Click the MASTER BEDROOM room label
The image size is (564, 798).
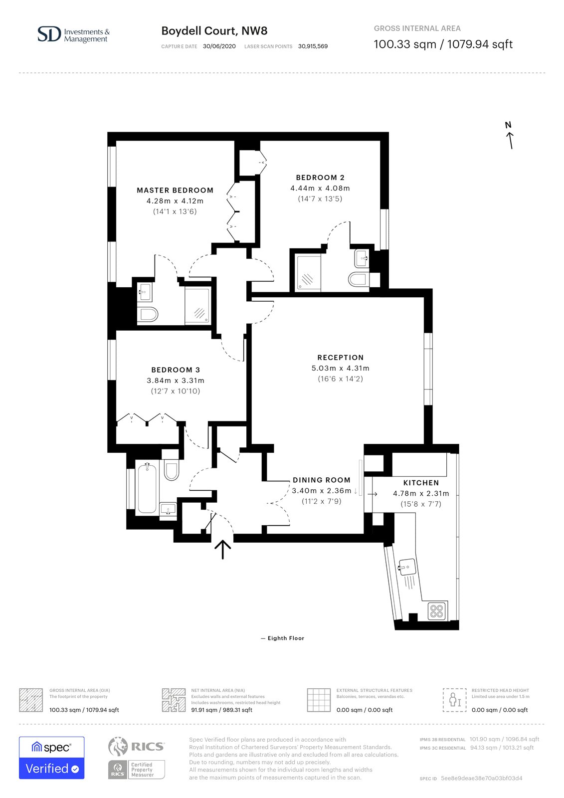175,190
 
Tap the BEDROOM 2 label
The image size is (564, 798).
320,178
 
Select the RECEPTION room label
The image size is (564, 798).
340,357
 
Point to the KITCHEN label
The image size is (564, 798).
421,483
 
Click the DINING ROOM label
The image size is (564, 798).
321,480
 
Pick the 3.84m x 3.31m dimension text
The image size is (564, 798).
176,381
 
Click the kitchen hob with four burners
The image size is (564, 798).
436,611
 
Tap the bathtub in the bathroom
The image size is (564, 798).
146,488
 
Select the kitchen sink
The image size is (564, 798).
406,567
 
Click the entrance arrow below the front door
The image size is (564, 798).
223,549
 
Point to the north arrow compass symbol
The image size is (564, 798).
510,135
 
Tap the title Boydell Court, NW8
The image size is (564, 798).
214,31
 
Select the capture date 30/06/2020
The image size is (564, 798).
219,46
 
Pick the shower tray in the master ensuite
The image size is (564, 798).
197,306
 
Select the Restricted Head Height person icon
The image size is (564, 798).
454,700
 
